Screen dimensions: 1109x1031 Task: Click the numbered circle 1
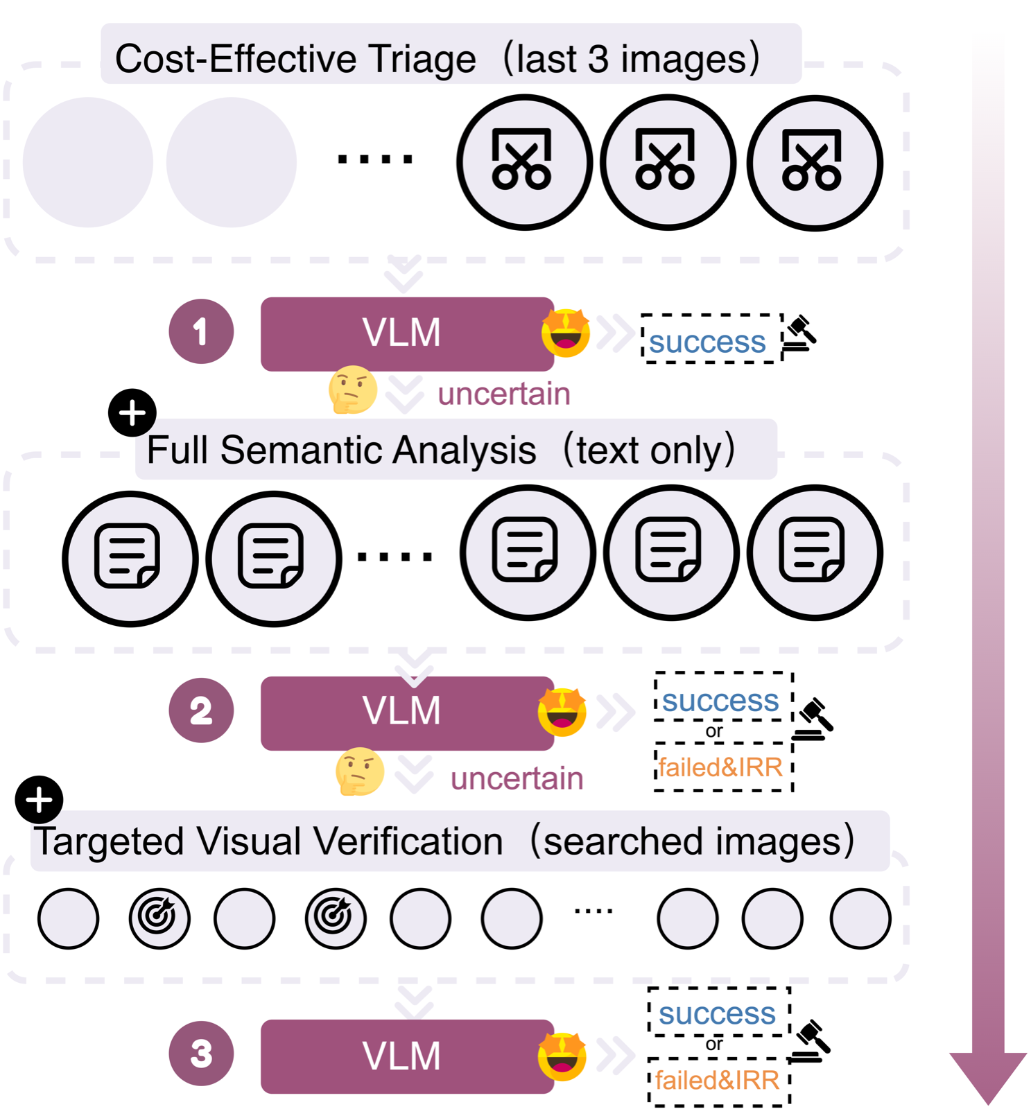tap(201, 331)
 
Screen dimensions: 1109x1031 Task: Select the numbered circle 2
tap(201, 710)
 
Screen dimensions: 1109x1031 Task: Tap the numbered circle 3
tap(201, 1054)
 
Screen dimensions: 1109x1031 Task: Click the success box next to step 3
tap(718, 1013)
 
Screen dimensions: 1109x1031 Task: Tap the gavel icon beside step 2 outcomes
tap(813, 719)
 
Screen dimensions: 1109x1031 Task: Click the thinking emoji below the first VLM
tap(352, 390)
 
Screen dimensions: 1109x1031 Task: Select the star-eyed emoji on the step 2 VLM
tap(562, 712)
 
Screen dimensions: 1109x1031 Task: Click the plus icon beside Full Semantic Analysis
tap(132, 413)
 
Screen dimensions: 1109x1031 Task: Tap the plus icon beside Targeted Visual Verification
tap(39, 799)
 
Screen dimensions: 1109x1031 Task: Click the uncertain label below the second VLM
tap(517, 778)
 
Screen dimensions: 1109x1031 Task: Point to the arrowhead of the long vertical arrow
tap(987, 1075)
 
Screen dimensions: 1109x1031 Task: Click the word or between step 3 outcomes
tap(714, 1044)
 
